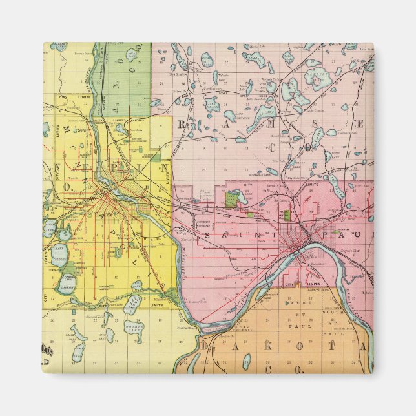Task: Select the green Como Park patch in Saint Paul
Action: pyautogui.click(x=232, y=199)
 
